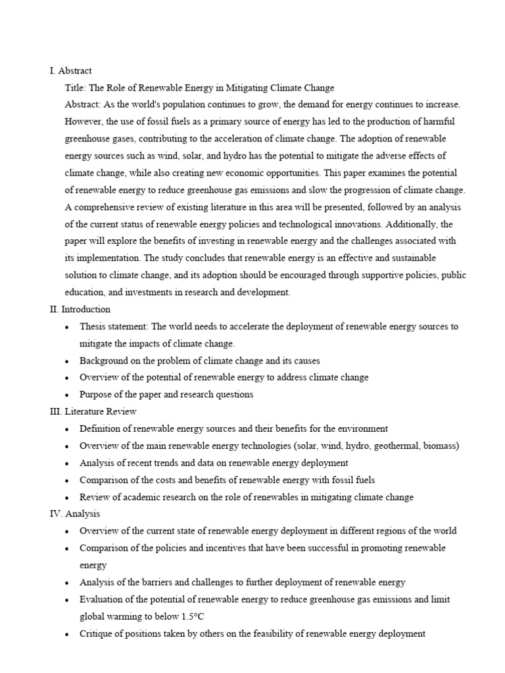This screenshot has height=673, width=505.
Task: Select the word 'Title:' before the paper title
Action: (76, 87)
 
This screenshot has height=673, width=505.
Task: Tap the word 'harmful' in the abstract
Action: (438, 122)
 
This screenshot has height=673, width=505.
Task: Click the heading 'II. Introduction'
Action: (80, 310)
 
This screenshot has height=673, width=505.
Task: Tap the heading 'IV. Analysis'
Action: (75, 514)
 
